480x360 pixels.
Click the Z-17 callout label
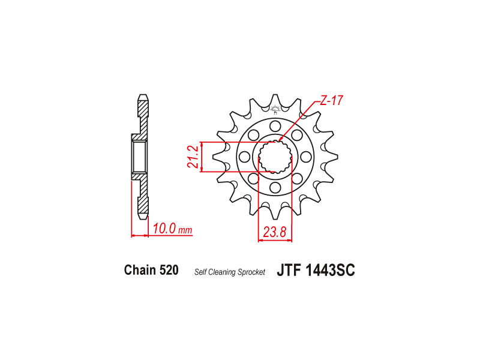(x=332, y=100)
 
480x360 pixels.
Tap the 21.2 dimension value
(x=192, y=157)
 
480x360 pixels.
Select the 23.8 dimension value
(x=274, y=232)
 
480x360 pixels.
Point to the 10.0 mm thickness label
(x=172, y=229)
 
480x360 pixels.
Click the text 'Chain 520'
(x=151, y=270)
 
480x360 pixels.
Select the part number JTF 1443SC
(x=316, y=271)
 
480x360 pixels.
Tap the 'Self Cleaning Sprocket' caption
(x=230, y=272)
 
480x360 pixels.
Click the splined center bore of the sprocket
(x=275, y=157)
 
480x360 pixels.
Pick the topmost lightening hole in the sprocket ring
(x=275, y=125)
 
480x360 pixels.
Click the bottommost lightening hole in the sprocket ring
(x=275, y=188)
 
